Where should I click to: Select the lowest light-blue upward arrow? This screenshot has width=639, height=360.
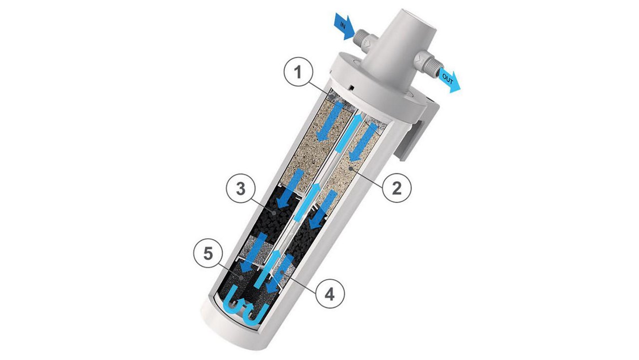264,272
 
